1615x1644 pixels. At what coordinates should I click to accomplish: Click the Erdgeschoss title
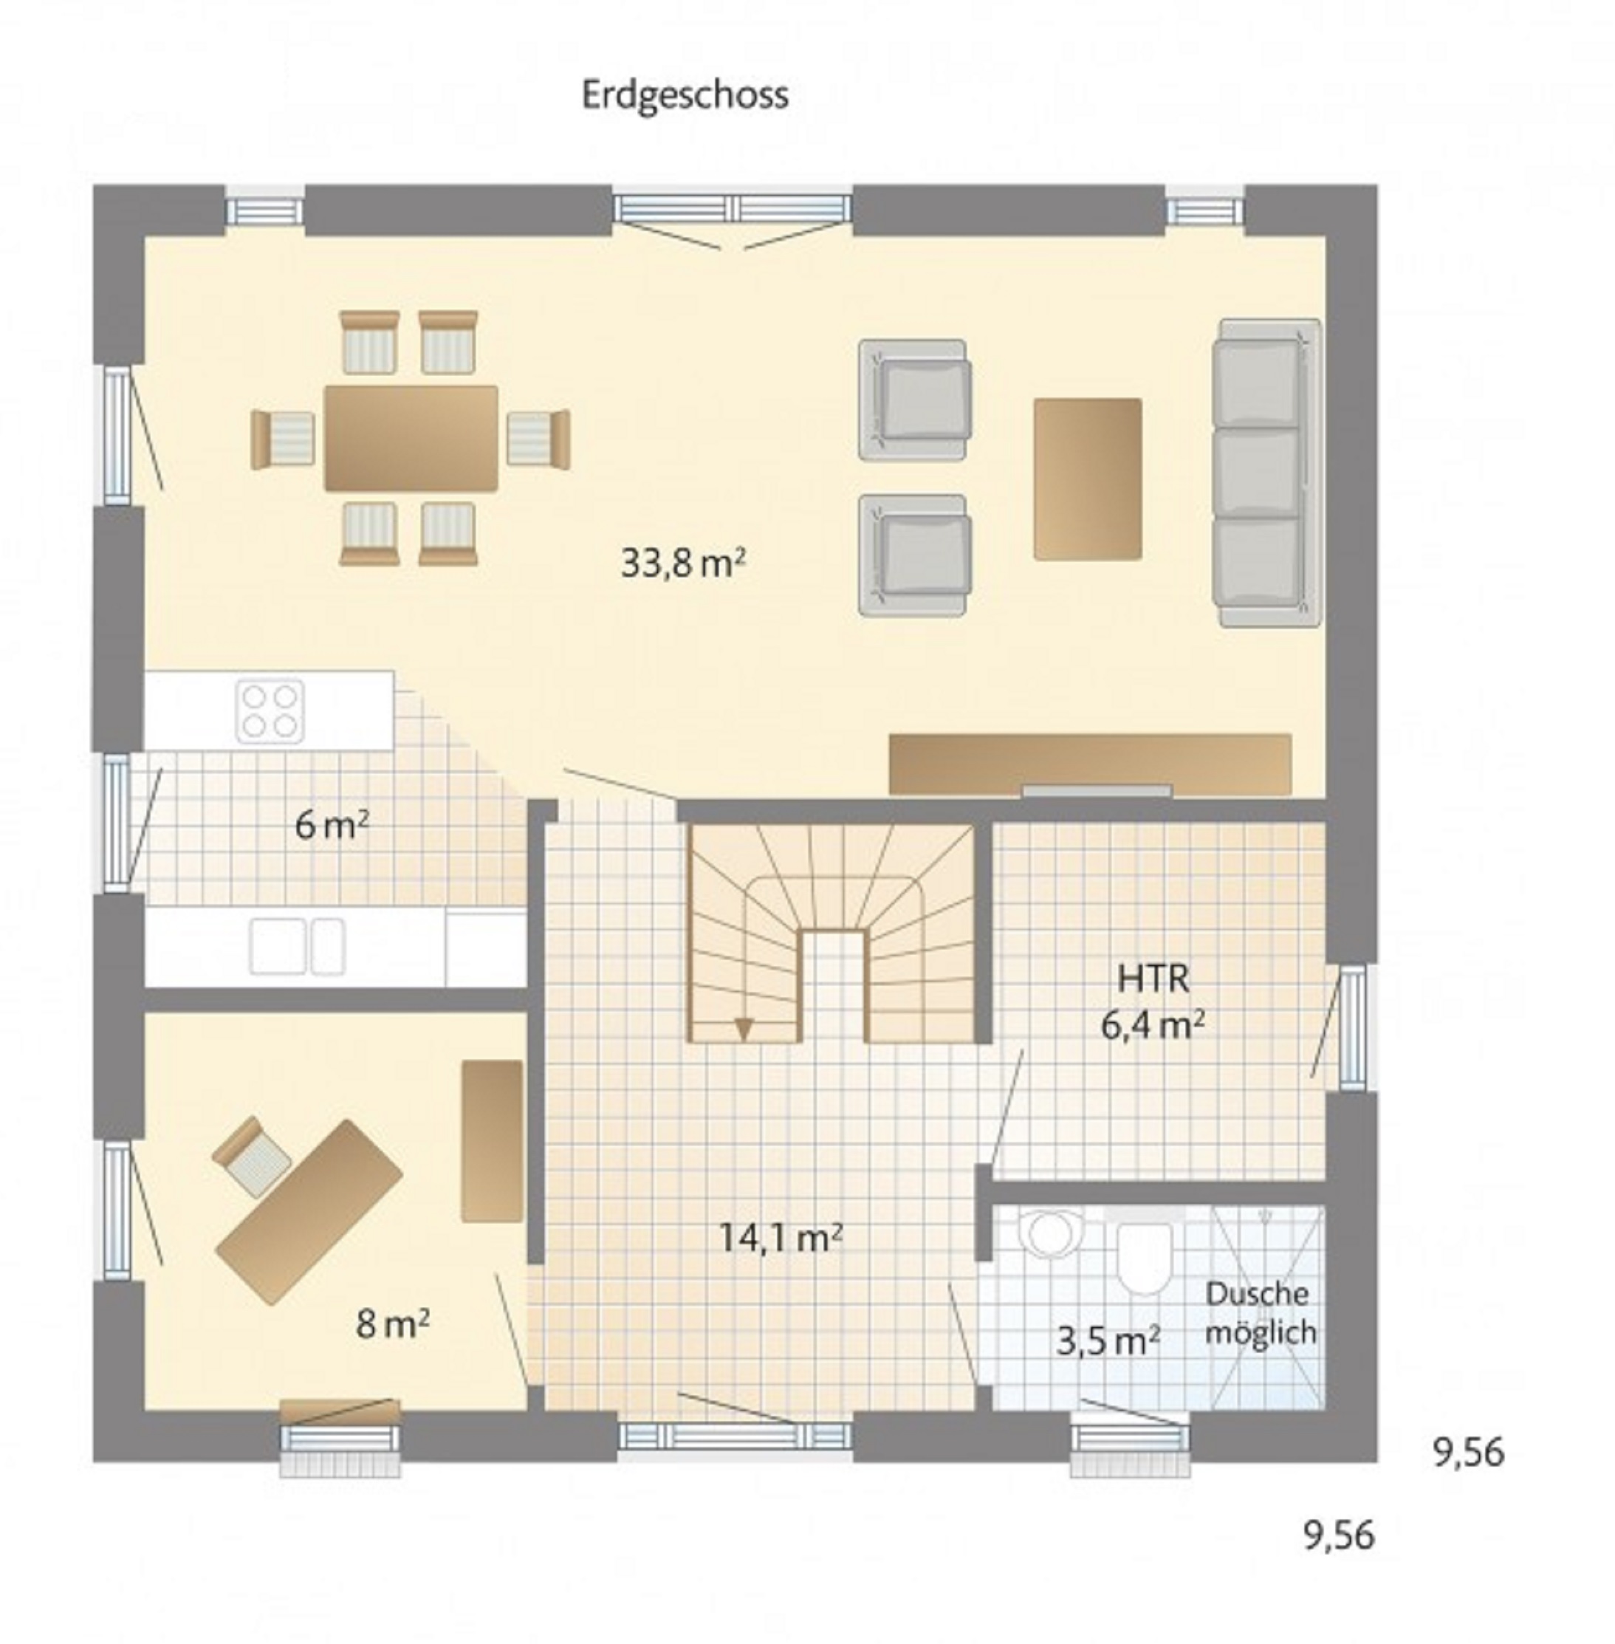[685, 96]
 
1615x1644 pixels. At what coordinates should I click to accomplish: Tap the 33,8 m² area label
[683, 563]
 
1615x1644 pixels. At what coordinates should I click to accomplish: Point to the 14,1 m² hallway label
[781, 1238]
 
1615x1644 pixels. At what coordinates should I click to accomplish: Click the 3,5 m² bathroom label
[1108, 1341]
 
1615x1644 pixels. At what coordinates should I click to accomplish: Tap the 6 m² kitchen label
[332, 824]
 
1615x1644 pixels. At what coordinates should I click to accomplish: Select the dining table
[411, 438]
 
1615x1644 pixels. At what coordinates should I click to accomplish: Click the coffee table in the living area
[1088, 479]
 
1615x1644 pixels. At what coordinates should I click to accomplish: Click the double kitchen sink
[297, 945]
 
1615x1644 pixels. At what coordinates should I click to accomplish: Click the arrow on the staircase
[744, 1028]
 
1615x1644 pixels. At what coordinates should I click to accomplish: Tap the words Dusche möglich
[1260, 1313]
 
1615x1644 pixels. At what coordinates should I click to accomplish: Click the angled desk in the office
[309, 1211]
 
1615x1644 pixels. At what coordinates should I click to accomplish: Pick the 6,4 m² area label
[1153, 1026]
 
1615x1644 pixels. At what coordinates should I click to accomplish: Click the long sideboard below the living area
[1090, 764]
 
